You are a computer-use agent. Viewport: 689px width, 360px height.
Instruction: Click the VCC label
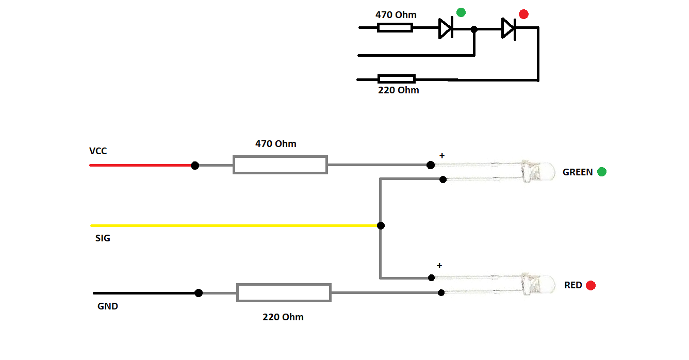click(x=98, y=151)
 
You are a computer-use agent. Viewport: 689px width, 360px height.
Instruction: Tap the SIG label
click(x=103, y=238)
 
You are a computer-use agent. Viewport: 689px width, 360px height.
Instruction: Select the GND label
click(x=108, y=306)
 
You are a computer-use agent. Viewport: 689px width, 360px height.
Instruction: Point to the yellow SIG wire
click(x=232, y=225)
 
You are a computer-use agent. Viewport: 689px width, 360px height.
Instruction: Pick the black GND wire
click(x=144, y=293)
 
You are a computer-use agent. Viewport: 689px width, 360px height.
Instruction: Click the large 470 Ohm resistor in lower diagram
click(x=280, y=165)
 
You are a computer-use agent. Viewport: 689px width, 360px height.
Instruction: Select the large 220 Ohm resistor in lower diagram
click(x=284, y=292)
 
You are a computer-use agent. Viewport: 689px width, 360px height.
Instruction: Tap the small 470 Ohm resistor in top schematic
click(x=395, y=28)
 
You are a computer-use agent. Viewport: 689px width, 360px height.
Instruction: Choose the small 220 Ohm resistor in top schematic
click(x=396, y=79)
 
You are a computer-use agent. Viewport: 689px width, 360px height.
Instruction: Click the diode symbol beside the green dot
click(x=446, y=28)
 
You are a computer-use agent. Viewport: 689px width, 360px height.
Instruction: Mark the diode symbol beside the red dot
click(x=508, y=28)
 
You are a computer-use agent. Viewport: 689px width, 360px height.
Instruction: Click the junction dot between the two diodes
click(x=474, y=29)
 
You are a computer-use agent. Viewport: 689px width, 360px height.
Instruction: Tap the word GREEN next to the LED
click(x=578, y=172)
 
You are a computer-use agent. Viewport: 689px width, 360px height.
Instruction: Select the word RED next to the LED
click(x=573, y=285)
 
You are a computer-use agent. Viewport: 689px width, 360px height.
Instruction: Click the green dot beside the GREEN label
click(x=602, y=172)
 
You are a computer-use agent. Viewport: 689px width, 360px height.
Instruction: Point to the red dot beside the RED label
click(x=590, y=285)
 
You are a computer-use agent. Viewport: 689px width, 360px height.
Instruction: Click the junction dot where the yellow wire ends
click(x=381, y=225)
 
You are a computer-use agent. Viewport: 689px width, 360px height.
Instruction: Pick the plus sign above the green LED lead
click(x=441, y=155)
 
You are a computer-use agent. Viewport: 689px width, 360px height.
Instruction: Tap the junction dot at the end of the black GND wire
click(x=199, y=293)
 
